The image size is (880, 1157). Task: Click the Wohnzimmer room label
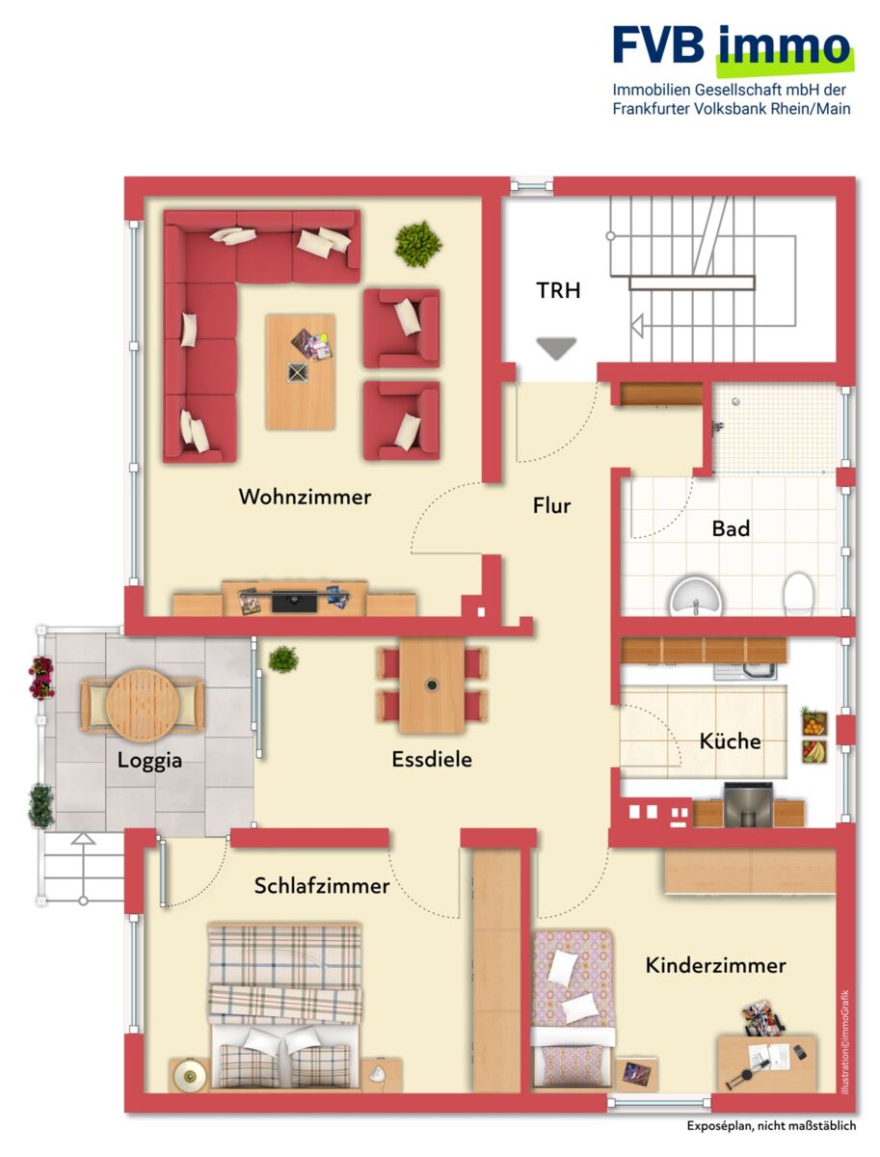(305, 498)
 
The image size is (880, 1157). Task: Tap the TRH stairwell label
(558, 290)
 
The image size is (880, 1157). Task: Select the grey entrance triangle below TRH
(556, 348)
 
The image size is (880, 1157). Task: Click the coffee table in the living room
(301, 371)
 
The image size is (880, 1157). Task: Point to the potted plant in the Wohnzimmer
(418, 244)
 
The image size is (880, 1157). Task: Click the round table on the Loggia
(143, 705)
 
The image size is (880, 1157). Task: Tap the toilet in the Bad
(798, 593)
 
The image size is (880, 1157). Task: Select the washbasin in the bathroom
(696, 598)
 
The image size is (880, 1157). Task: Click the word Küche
(730, 741)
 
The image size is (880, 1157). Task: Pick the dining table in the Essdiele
(432, 686)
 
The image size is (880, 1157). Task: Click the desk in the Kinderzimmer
(767, 1063)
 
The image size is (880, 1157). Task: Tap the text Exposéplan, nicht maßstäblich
(771, 1126)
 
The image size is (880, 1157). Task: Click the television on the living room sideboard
(295, 602)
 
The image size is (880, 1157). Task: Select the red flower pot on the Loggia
(41, 678)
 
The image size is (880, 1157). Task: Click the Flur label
(551, 505)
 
